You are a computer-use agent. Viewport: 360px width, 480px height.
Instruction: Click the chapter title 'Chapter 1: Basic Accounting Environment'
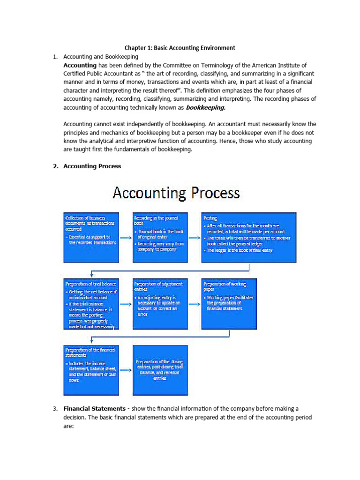[180, 48]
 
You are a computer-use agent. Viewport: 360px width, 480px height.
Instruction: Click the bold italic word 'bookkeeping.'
[206, 107]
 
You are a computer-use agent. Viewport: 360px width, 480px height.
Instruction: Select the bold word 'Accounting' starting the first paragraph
[80, 65]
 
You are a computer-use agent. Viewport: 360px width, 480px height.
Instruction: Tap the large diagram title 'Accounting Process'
[175, 193]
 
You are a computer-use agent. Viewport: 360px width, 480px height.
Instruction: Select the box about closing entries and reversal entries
[160, 370]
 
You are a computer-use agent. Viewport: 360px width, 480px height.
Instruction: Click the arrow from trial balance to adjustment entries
[125, 304]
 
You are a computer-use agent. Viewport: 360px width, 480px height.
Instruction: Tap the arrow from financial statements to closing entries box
[125, 370]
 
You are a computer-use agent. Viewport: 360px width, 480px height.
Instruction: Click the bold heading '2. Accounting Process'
[92, 166]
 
